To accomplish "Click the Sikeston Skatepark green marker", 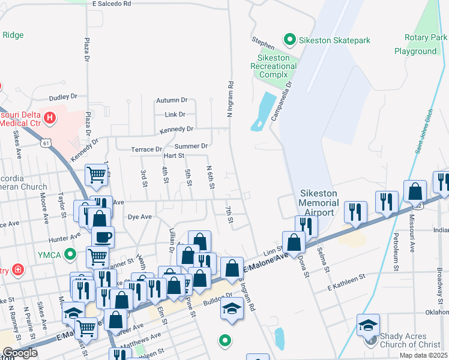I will [x=290, y=40].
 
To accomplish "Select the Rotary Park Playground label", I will [x=420, y=44].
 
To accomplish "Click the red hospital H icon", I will [x=50, y=117].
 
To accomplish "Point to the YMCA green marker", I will [x=70, y=254].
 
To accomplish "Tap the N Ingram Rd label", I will [x=229, y=99].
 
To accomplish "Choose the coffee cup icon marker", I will [x=103, y=236].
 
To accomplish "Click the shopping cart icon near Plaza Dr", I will [x=96, y=175].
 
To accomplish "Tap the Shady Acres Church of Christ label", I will [x=409, y=340].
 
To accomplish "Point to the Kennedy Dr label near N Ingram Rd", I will [x=176, y=129].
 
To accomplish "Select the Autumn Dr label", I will [x=172, y=100].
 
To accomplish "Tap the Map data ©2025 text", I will [x=423, y=355].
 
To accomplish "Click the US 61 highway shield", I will [x=46, y=143].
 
